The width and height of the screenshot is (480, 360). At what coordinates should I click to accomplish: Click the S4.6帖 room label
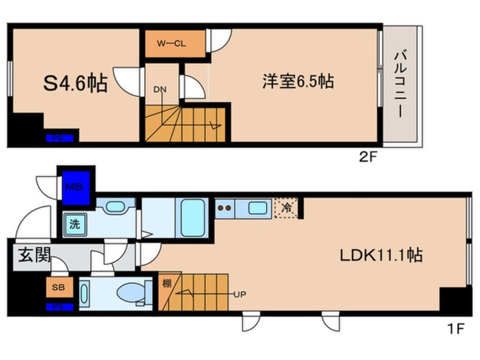[x=75, y=84]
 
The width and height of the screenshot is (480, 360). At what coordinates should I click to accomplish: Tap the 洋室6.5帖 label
[x=297, y=82]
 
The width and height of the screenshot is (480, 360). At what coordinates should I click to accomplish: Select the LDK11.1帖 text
[x=381, y=255]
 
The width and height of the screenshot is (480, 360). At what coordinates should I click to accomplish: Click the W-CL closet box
[x=172, y=43]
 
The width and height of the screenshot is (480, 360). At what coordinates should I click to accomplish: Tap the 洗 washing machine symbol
[x=75, y=224]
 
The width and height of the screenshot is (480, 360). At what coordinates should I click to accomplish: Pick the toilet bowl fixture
[x=132, y=293]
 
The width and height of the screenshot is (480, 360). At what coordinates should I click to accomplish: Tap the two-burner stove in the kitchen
[x=225, y=208]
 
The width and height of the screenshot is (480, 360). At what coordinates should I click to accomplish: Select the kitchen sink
[x=257, y=208]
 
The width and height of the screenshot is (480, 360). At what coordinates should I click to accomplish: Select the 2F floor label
[x=367, y=158]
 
